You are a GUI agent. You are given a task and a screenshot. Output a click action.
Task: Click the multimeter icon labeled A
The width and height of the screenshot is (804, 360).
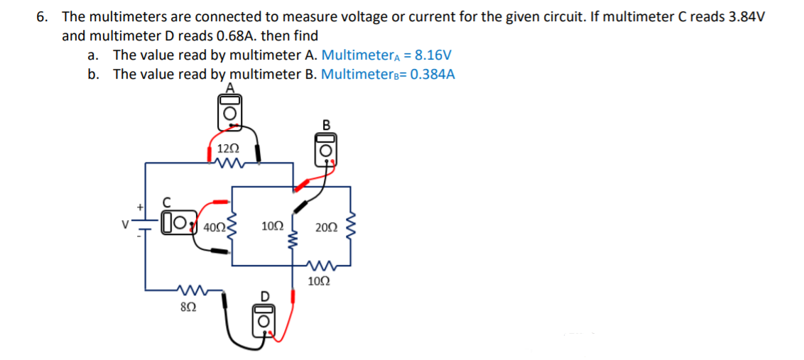[x=229, y=111]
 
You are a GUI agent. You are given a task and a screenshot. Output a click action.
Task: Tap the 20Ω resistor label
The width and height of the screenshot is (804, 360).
[x=327, y=228]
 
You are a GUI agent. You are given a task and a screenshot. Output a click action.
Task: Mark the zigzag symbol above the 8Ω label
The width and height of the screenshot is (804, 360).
[x=190, y=290]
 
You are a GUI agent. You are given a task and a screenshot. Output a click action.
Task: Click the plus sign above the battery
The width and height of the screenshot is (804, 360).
[x=140, y=207]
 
